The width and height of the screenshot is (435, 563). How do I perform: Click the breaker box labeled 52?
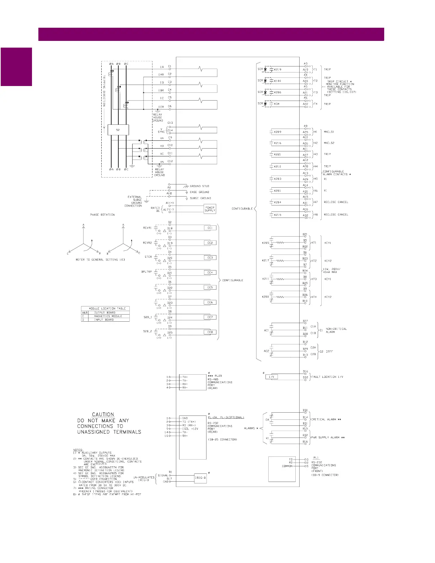[x=118, y=130]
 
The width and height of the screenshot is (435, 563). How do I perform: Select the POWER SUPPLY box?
[x=210, y=209]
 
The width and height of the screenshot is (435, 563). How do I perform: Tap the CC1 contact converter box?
[x=210, y=228]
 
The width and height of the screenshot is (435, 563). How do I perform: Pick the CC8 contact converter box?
[x=210, y=332]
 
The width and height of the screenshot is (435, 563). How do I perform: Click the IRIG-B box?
[x=200, y=478]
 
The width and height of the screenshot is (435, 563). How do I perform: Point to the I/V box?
[x=272, y=377]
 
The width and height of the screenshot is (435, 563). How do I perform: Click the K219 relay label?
[x=278, y=70]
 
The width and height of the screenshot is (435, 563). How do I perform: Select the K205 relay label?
[x=265, y=243]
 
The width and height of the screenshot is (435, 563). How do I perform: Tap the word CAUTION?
[x=103, y=414]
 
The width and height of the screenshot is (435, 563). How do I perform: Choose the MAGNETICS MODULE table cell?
[x=108, y=316]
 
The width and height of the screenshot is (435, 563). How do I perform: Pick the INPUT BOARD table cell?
[x=104, y=320]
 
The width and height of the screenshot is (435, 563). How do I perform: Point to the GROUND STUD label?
[x=199, y=186]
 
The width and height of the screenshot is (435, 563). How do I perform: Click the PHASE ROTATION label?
[x=102, y=215]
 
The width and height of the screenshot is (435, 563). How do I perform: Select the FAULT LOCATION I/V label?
[x=327, y=377]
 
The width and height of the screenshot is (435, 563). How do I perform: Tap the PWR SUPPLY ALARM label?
[x=328, y=438]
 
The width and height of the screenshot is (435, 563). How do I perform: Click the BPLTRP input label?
[x=146, y=272]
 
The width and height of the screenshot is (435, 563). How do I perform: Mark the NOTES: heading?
[x=78, y=450]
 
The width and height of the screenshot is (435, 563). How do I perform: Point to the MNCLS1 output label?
[x=329, y=132]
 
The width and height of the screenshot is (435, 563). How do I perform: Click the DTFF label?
[x=329, y=352]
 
